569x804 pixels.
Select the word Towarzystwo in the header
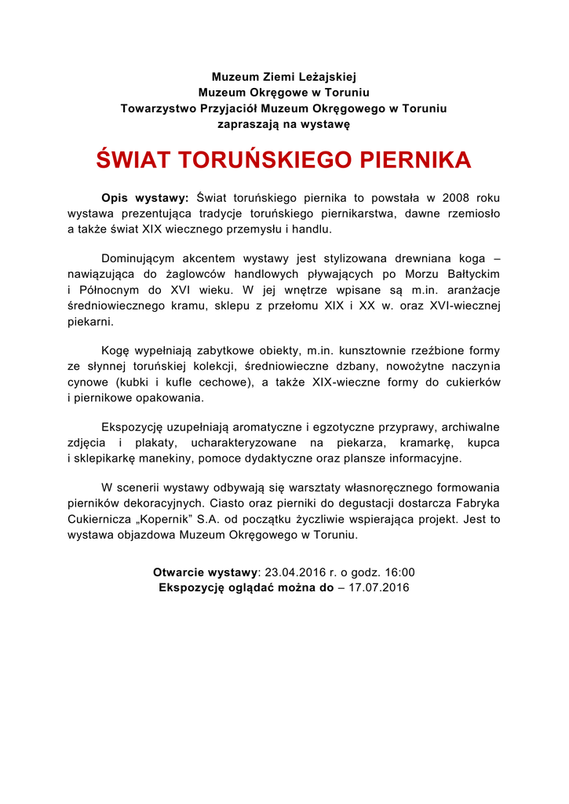click(x=157, y=108)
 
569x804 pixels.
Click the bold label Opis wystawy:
click(x=145, y=198)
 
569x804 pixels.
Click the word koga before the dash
click(x=469, y=258)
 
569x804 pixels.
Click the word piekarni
click(x=91, y=320)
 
